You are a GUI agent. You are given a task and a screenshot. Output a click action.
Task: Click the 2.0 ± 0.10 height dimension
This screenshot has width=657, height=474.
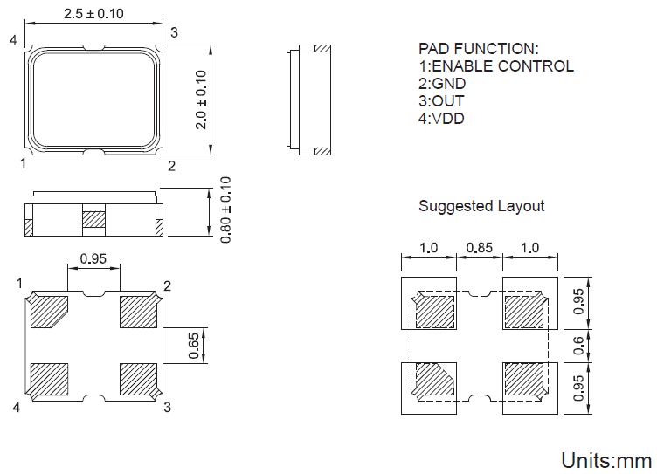tap(202, 100)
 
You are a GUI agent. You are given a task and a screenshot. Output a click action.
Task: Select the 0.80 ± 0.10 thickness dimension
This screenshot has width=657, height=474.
tap(225, 210)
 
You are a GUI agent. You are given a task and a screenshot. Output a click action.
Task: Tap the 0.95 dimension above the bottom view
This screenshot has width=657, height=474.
tap(93, 258)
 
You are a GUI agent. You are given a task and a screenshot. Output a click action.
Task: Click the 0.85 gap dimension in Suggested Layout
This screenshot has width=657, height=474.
tap(479, 248)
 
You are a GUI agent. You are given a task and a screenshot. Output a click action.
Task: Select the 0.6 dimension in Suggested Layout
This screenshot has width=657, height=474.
tap(578, 346)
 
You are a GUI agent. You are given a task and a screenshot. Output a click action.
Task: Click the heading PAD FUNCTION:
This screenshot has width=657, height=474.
tap(479, 49)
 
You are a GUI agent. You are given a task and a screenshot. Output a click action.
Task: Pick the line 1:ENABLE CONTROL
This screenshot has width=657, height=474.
tap(496, 66)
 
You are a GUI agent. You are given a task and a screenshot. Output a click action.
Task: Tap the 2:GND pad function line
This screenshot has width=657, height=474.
tap(442, 84)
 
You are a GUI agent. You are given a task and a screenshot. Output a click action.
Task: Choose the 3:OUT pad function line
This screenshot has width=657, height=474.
tap(441, 101)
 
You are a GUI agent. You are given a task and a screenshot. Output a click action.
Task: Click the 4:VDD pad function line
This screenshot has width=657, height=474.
tap(441, 119)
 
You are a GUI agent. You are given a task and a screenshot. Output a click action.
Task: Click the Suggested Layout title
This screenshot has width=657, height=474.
tap(481, 206)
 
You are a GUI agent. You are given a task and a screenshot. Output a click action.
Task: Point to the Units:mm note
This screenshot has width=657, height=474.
tap(605, 460)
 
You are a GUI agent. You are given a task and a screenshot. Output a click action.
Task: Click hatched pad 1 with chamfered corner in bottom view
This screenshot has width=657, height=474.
tap(50, 312)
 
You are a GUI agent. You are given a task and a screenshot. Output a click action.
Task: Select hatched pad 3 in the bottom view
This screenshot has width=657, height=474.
tap(138, 380)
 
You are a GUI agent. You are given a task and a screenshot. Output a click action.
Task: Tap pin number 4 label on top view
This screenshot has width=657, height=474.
tap(13, 40)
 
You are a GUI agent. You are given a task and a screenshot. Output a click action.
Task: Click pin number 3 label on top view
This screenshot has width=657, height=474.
tap(174, 33)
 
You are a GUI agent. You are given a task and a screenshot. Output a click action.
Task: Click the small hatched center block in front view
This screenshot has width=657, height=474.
tap(93, 220)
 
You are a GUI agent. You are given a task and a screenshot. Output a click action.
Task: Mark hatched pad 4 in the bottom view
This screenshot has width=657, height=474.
tap(49, 380)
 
